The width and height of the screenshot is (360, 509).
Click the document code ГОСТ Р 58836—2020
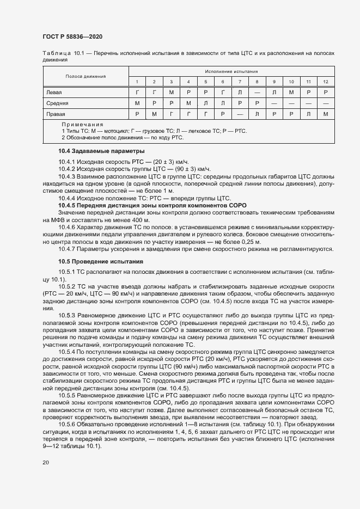tap(72, 36)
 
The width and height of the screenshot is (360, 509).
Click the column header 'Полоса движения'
tap(86, 76)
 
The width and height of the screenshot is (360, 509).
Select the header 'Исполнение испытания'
tap(231, 71)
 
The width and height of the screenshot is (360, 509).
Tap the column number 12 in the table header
tap(326, 82)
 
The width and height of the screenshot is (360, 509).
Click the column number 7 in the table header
tap(240, 82)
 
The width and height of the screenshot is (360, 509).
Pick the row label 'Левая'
tap(54, 92)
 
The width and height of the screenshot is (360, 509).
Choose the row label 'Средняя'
tap(57, 103)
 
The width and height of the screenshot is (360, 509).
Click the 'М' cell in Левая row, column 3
tap(171, 92)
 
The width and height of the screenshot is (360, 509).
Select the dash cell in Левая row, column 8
tap(257, 92)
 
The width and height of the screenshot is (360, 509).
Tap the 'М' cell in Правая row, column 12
tap(326, 114)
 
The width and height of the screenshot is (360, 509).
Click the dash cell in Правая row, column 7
tap(240, 114)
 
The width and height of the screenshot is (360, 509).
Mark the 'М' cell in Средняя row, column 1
tap(137, 103)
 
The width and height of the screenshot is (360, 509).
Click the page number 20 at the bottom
tap(46, 463)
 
